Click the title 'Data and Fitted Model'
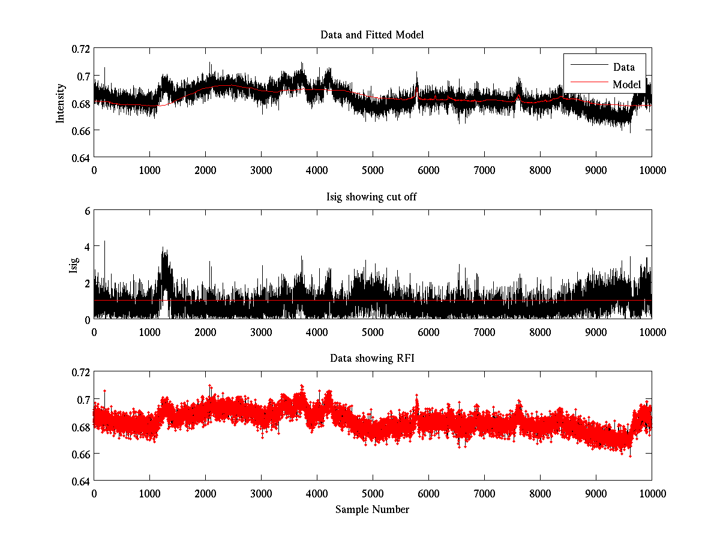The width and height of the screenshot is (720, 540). click(372, 35)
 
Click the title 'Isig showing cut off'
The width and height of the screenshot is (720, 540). click(372, 197)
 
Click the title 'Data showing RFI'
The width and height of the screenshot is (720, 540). click(372, 359)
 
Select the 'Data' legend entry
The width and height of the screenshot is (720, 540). click(623, 67)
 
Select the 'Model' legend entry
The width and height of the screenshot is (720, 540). click(626, 85)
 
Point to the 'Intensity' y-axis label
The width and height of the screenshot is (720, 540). click(60, 103)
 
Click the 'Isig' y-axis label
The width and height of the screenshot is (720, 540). click(74, 265)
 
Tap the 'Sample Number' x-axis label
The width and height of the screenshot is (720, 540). click(372, 510)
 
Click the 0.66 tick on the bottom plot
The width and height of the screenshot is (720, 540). click(80, 454)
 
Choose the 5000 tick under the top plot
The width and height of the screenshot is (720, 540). click(373, 170)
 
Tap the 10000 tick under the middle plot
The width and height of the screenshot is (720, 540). click(652, 332)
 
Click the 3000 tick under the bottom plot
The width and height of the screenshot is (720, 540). click(261, 494)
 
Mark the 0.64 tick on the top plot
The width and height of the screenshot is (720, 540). click(80, 158)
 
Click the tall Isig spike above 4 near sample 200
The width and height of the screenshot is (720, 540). click(105, 242)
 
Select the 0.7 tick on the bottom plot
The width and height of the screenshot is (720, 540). click(84, 400)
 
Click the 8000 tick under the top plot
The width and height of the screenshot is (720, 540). click(540, 170)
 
